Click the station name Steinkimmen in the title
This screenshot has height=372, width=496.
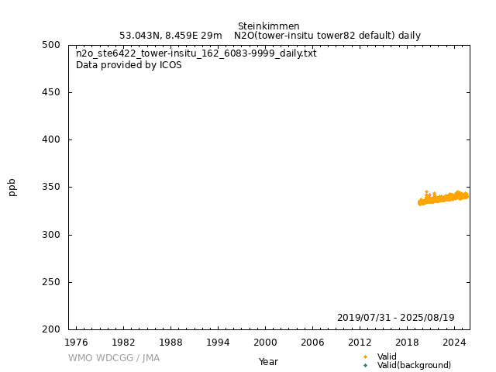[x=268, y=26]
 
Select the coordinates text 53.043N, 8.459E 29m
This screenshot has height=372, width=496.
[x=170, y=36]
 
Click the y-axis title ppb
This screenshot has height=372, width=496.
[x=12, y=187]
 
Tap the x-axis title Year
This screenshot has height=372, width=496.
[x=268, y=362]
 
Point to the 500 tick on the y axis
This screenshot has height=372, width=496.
[x=53, y=45]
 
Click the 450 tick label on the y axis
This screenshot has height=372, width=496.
[x=53, y=92]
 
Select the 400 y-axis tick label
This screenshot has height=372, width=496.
[x=53, y=139]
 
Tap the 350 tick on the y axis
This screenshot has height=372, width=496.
[x=53, y=188]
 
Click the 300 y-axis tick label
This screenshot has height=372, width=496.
[x=53, y=235]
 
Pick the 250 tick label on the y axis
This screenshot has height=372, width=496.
[x=53, y=282]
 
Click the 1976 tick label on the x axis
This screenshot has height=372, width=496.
[x=76, y=341]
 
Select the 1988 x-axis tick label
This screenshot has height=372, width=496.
[x=170, y=341]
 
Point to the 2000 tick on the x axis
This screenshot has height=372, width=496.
[x=265, y=341]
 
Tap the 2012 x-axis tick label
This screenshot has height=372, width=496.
[x=360, y=341]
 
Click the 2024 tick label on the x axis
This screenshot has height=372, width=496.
[x=454, y=341]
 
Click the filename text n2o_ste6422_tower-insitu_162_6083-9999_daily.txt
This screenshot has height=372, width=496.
[x=196, y=54]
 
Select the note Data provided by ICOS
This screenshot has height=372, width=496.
[x=129, y=65]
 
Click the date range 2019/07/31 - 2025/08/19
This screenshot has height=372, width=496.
[x=395, y=318]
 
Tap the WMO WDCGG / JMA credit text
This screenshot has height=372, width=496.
[x=114, y=358]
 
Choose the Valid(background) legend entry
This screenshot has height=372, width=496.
[x=414, y=366]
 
